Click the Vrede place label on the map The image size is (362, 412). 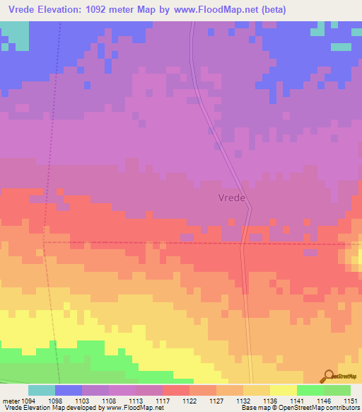point(231,199)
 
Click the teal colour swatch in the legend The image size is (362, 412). point(42,390)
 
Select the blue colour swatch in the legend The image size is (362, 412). point(69,390)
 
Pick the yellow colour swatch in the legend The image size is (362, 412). point(283,390)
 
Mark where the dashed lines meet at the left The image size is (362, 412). point(44,241)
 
